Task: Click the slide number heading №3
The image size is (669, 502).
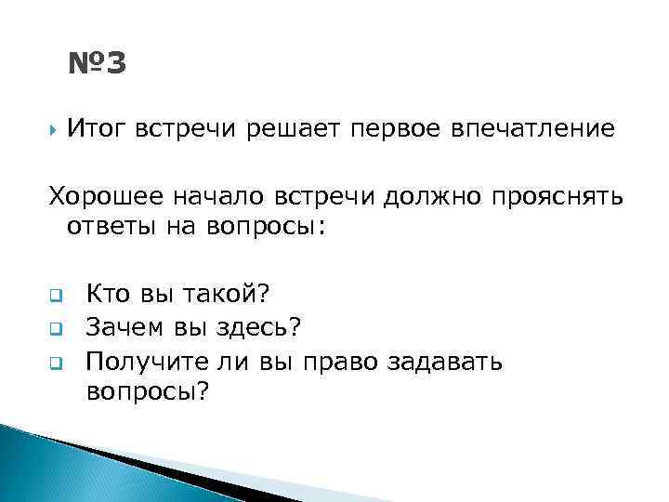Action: tap(97, 64)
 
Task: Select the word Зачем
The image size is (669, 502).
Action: tap(124, 327)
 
